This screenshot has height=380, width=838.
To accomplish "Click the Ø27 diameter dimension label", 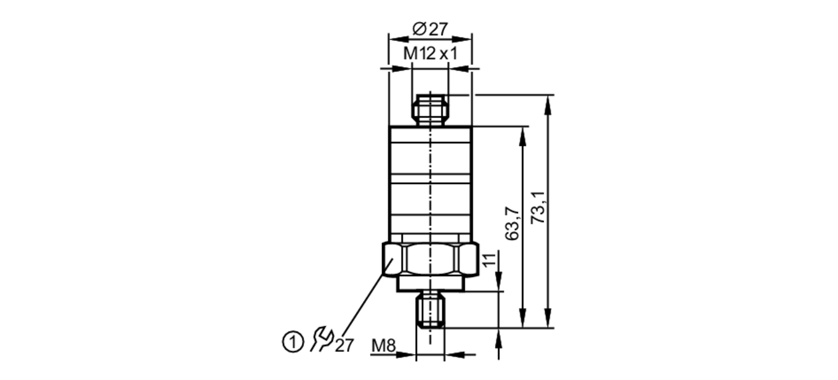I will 430,29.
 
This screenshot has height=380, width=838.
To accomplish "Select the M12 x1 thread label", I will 430,54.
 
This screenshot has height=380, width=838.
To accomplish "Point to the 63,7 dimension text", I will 512,224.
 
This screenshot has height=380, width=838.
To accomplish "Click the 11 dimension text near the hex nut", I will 489,259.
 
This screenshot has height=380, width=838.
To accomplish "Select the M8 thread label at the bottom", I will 383,346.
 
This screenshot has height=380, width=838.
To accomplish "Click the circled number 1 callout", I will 292,343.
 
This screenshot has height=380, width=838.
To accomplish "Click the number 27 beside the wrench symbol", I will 344,346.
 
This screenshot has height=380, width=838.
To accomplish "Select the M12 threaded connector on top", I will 430,110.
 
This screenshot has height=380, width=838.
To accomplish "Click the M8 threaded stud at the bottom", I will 430,311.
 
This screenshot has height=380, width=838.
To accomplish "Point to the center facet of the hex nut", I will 430,260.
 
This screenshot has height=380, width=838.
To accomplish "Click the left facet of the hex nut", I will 393,260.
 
